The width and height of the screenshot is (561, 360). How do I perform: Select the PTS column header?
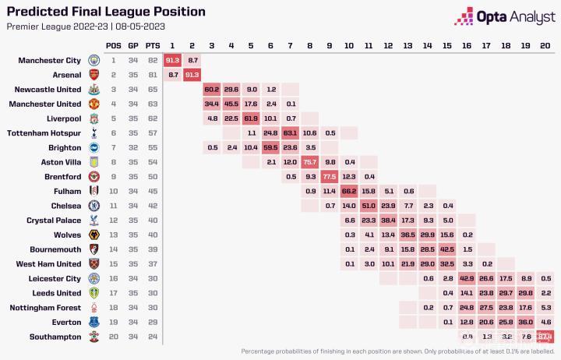coord(153,45)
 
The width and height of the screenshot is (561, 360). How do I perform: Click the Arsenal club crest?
coord(93,75)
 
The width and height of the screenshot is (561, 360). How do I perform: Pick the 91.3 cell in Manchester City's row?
coord(172,60)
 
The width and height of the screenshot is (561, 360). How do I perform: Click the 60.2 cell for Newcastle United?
coord(211,90)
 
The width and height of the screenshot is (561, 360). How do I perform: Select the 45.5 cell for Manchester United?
coord(231,104)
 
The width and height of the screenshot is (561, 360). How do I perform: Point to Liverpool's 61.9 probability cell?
coord(250,119)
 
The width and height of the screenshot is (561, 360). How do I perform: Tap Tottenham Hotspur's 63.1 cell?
coord(290,134)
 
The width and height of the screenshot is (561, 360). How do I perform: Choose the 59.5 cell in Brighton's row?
coord(270,148)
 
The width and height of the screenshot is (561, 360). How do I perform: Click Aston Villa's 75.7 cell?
coord(309,163)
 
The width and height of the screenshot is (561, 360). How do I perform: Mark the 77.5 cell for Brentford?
coord(329,178)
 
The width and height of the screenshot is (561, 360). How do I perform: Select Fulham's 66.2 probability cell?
coord(348,192)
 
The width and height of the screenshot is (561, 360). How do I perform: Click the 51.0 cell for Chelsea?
coord(369,206)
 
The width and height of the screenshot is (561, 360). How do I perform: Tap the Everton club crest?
coord(93,322)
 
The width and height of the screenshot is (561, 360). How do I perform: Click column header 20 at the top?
coord(545,45)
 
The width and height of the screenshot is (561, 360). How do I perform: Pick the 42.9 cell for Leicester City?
coord(467,278)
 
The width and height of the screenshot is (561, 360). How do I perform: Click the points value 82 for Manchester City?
coord(153,60)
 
